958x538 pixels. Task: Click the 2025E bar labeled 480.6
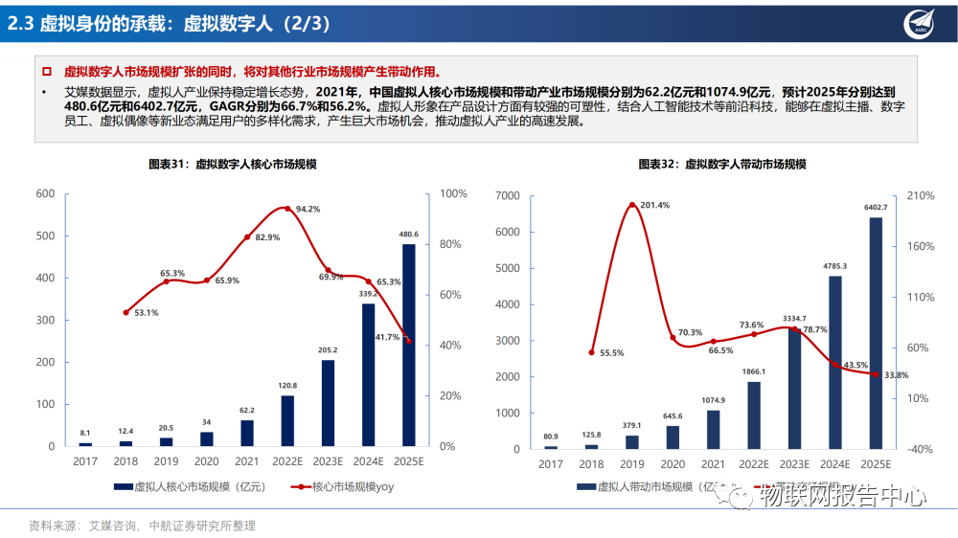(x=409, y=345)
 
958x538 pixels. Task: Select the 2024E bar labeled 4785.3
(x=834, y=362)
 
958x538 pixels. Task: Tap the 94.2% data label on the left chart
(x=308, y=209)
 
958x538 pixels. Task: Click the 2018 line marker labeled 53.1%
(x=126, y=312)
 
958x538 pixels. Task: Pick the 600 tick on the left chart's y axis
(x=44, y=193)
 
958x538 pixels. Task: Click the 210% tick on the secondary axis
(x=921, y=195)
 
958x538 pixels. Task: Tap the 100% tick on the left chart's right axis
(x=453, y=193)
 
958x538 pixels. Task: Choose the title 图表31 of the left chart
(x=232, y=165)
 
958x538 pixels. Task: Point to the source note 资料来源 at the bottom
(x=143, y=526)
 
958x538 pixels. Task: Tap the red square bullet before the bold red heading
(x=46, y=72)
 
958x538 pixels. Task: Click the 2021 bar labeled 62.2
(x=247, y=433)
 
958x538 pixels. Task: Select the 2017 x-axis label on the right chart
(x=550, y=464)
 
